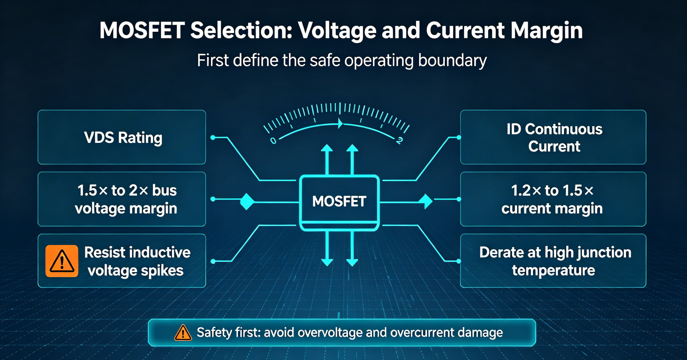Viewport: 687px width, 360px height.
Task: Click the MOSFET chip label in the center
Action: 339,202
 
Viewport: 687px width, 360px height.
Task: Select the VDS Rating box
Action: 122,137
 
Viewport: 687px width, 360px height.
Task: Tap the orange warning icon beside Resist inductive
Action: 61,261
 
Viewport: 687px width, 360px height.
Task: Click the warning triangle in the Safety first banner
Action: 183,333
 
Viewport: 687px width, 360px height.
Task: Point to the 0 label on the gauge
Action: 273,141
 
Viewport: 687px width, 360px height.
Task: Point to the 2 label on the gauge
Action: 399,141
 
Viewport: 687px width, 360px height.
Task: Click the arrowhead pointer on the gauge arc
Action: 340,124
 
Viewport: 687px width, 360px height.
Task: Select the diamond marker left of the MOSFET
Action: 247,202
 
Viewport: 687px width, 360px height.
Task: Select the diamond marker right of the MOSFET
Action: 425,202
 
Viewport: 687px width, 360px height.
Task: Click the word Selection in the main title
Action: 241,31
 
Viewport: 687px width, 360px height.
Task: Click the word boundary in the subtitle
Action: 452,60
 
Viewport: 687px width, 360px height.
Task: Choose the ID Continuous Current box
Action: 553,137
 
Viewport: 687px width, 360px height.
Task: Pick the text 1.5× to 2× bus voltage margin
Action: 126,199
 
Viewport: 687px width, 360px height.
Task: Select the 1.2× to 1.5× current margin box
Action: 553,199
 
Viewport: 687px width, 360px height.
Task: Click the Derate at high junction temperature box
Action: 553,260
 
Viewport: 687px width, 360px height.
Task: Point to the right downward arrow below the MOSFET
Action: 352,249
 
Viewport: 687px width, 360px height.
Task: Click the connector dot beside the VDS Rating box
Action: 213,138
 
